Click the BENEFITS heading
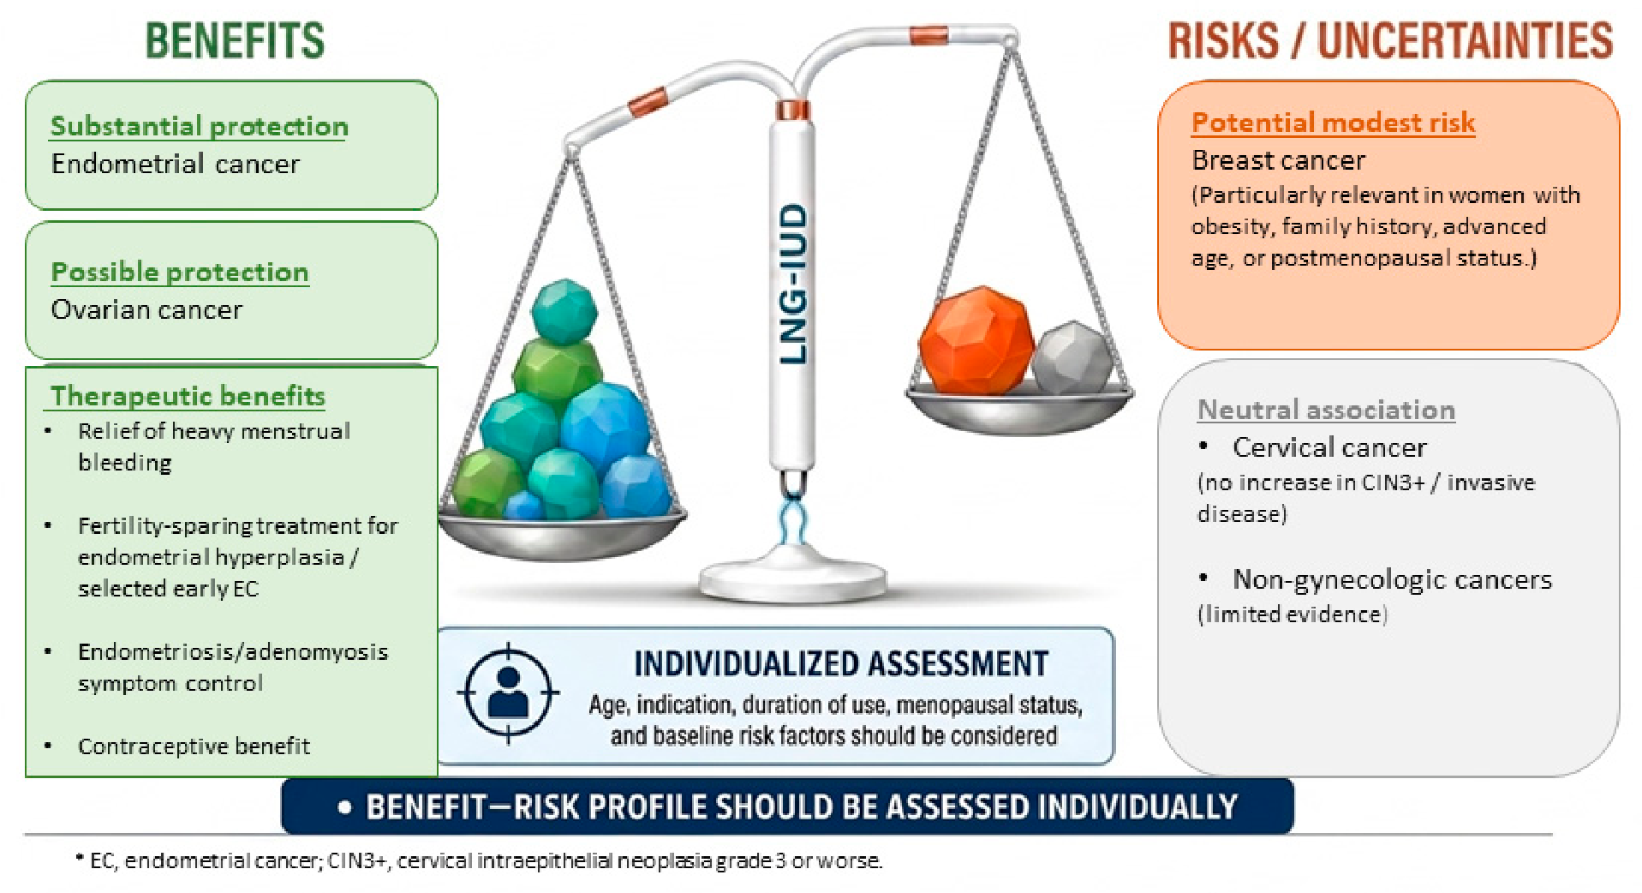coord(235,40)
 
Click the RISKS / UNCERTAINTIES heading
coord(1390,40)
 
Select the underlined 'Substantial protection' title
coord(199,126)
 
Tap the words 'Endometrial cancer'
coord(176,164)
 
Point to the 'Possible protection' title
coord(180,272)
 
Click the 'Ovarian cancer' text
coord(146,309)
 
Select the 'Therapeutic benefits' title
coord(188,395)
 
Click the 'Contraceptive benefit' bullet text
coord(194,746)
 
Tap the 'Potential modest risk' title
coord(1333,123)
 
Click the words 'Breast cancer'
coord(1278,160)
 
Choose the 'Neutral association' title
coord(1326,410)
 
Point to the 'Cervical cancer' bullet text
coord(1329,447)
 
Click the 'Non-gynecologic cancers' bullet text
coord(1392,580)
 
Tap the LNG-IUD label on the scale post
coord(794,284)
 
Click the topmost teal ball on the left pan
coord(564,311)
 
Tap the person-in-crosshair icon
coord(508,692)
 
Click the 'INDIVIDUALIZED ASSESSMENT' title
coord(840,664)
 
